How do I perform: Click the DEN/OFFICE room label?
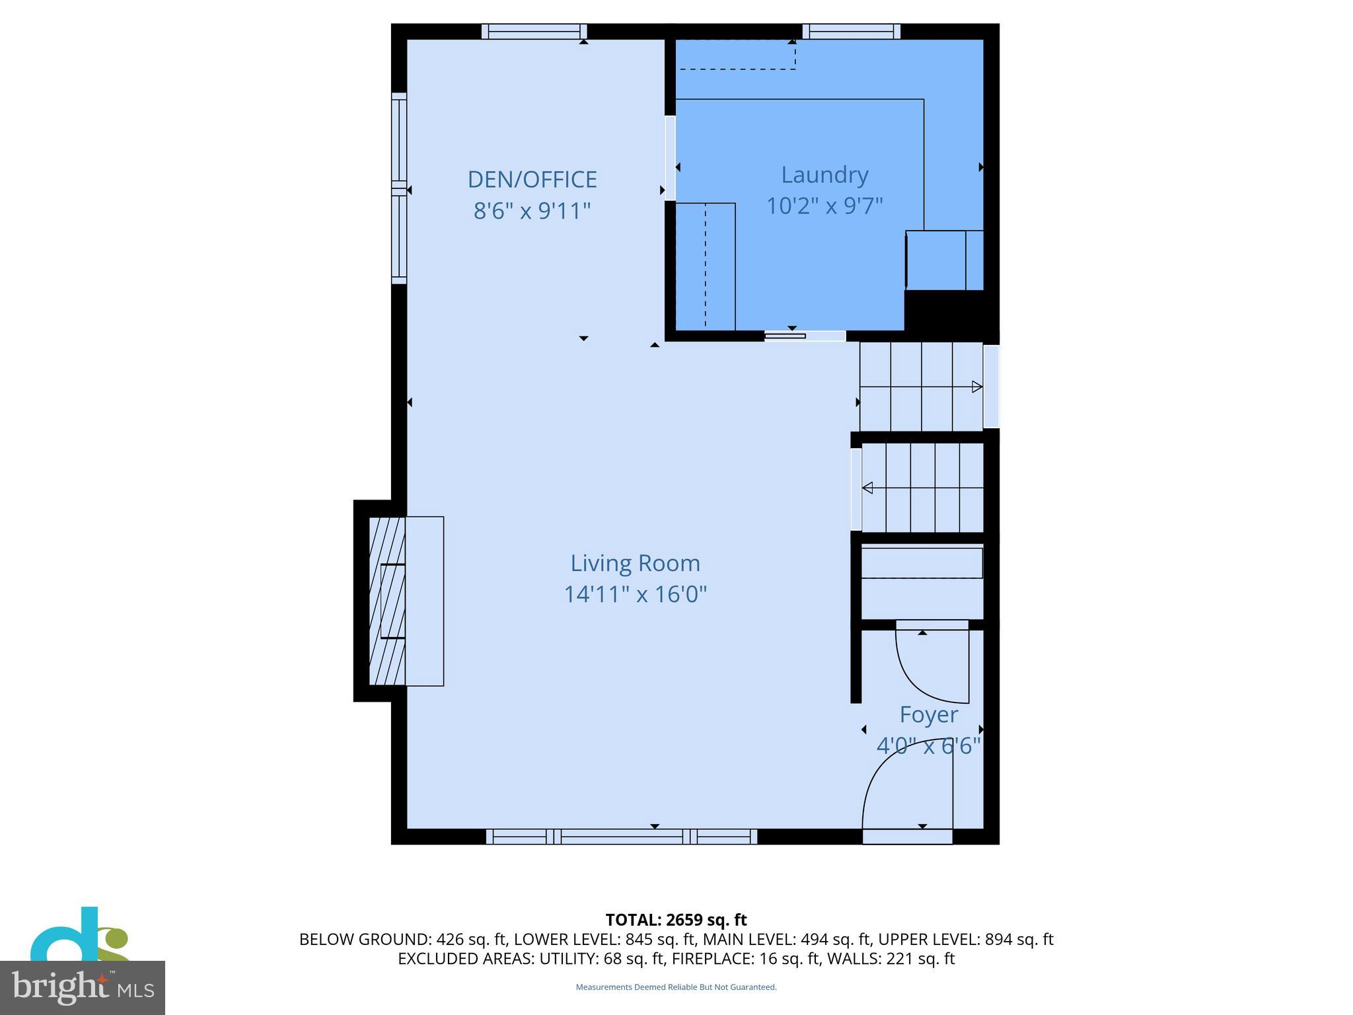(532, 180)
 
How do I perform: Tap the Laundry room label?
(824, 175)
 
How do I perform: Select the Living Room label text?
(635, 563)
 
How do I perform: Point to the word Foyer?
(928, 714)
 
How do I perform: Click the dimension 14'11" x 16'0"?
(635, 594)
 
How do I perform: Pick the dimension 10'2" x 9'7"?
(824, 206)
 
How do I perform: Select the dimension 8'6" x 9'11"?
(532, 211)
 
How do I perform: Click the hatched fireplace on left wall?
(387, 601)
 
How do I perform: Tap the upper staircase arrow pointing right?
(976, 387)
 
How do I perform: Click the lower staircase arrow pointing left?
(868, 488)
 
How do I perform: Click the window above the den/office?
(534, 31)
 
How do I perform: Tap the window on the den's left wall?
(398, 188)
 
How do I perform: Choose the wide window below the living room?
(621, 837)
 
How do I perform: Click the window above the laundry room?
(851, 31)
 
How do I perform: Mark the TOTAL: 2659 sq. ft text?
(676, 920)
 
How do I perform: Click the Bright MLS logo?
(82, 987)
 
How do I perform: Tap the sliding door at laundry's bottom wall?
(805, 336)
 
